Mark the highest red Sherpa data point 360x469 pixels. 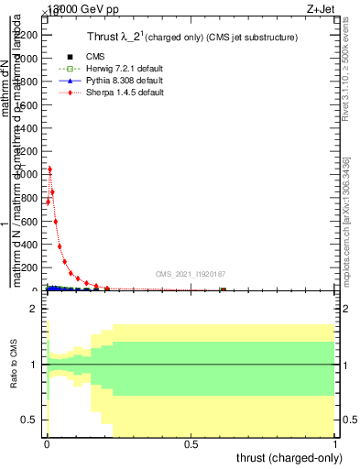[x=49, y=169]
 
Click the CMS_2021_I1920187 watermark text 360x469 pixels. [x=191, y=273]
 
